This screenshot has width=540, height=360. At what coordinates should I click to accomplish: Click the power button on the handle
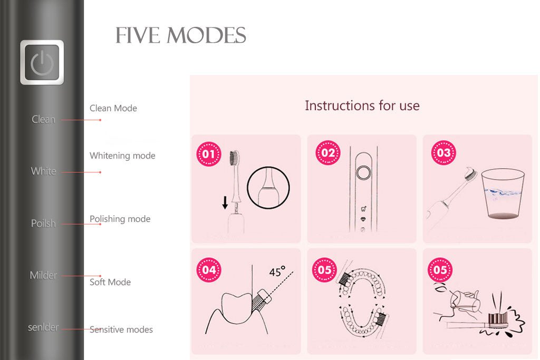(x=42, y=63)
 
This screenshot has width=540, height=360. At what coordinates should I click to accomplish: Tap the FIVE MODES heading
(x=181, y=36)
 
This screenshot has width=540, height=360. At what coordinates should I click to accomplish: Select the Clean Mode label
(x=113, y=109)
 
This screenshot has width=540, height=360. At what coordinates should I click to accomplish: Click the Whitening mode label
(x=122, y=156)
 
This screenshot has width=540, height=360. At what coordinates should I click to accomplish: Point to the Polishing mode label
(x=120, y=219)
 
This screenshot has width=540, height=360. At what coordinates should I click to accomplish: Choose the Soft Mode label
(x=110, y=283)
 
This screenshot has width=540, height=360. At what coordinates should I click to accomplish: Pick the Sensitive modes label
(x=121, y=330)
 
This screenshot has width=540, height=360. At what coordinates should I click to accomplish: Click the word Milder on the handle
(x=43, y=275)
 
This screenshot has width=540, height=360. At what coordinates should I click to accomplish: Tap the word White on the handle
(x=43, y=171)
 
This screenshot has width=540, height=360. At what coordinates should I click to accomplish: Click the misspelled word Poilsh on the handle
(x=43, y=223)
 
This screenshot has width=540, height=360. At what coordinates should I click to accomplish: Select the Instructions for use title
(x=362, y=105)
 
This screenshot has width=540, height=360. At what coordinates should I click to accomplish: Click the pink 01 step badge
(x=208, y=154)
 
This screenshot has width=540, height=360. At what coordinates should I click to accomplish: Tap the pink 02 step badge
(x=327, y=153)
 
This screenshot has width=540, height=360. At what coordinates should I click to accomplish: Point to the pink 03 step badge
(x=443, y=153)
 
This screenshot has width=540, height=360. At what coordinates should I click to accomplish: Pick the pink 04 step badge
(x=209, y=270)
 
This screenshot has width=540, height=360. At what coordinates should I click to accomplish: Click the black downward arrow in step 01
(x=225, y=202)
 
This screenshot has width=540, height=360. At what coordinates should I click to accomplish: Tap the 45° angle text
(x=277, y=272)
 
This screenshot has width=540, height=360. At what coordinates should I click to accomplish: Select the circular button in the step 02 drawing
(x=362, y=172)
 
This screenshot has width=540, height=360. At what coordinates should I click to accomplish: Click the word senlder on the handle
(x=43, y=327)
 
